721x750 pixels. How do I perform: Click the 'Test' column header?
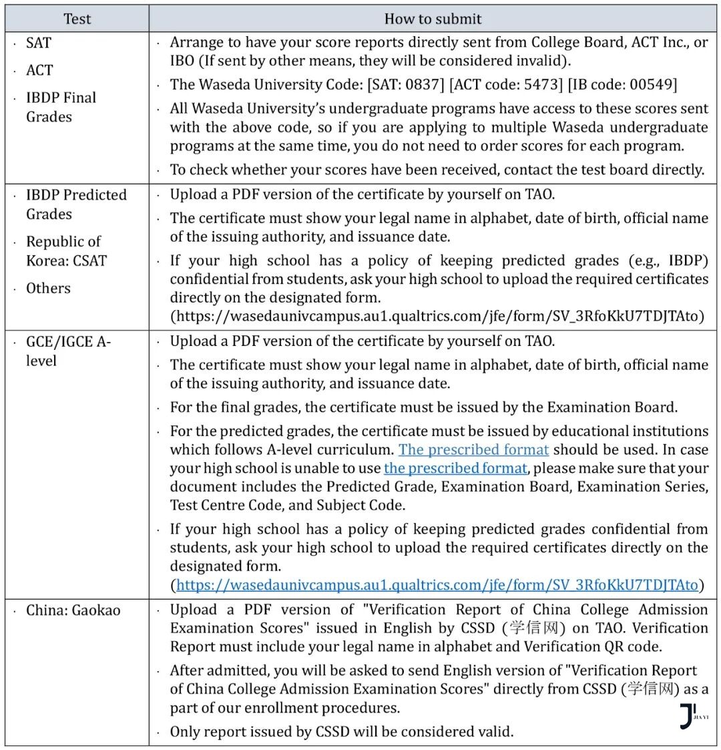[77, 19]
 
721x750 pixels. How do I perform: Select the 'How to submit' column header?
[433, 19]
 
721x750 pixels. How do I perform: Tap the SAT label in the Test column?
[39, 43]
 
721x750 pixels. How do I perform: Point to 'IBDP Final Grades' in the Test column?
[61, 107]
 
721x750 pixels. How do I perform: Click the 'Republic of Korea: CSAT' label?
[65, 251]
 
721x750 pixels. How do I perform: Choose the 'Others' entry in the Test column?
[48, 289]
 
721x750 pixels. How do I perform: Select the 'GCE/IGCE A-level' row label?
[68, 351]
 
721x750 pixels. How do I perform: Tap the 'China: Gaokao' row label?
[73, 610]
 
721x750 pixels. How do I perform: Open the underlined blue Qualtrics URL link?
[437, 585]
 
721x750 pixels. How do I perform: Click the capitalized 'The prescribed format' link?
[473, 449]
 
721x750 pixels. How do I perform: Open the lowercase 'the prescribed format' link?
[455, 468]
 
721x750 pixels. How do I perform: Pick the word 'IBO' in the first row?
[183, 61]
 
